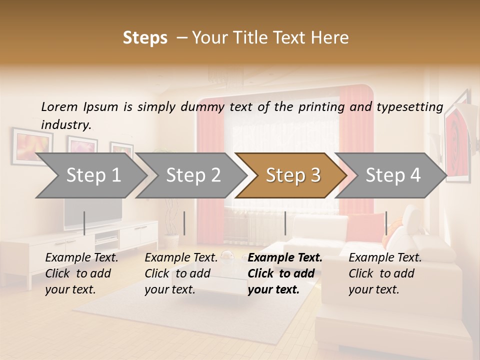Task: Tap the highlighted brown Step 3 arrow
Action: point(292,175)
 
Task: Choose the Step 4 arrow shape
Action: point(392,175)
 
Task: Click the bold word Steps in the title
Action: point(145,38)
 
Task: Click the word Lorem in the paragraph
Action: point(59,106)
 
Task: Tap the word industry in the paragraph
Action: point(66,124)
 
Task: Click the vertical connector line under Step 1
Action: point(84,223)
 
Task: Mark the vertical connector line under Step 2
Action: point(184,223)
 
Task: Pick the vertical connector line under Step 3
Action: point(285,223)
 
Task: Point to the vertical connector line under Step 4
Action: point(386,223)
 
